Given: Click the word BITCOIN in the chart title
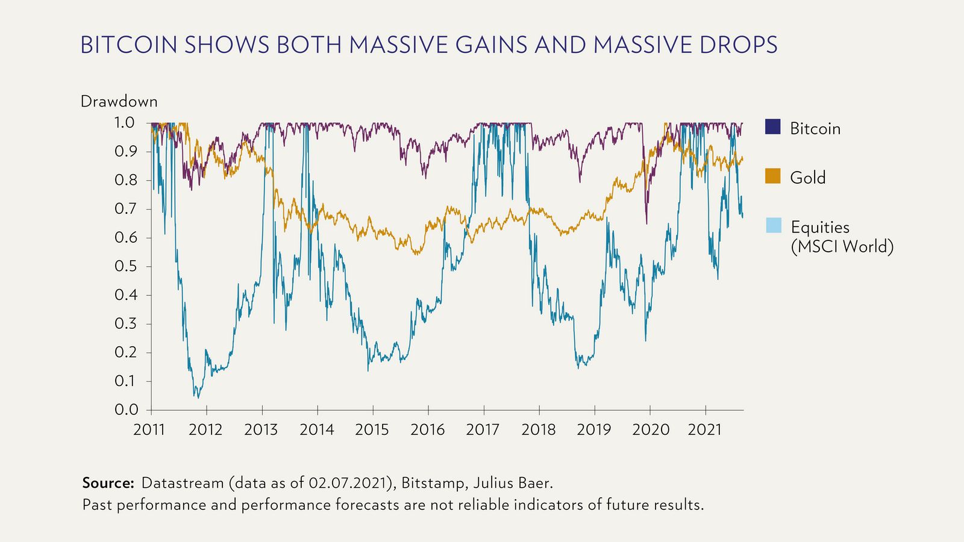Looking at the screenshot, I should (x=128, y=45).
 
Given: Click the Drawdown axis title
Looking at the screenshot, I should (x=119, y=101).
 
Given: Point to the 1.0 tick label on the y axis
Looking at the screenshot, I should (x=124, y=123).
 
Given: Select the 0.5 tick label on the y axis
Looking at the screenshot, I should (x=125, y=266).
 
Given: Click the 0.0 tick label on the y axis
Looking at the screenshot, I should (x=125, y=410).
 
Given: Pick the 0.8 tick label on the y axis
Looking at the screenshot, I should (x=125, y=180).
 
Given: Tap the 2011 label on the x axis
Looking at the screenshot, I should (x=149, y=429).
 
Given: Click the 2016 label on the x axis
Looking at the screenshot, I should (x=427, y=429).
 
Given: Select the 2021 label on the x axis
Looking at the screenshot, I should (x=704, y=429).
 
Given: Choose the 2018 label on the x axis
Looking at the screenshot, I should (x=538, y=429).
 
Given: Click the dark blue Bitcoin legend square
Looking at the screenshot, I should (x=772, y=127).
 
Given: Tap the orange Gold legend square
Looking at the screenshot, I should (x=772, y=176).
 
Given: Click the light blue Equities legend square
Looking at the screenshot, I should (x=773, y=226).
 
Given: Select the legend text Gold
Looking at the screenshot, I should (x=807, y=178).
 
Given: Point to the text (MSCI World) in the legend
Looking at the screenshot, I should (x=842, y=246).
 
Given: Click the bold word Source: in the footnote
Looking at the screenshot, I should (x=108, y=483).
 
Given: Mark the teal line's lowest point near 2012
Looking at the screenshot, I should (x=198, y=397).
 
